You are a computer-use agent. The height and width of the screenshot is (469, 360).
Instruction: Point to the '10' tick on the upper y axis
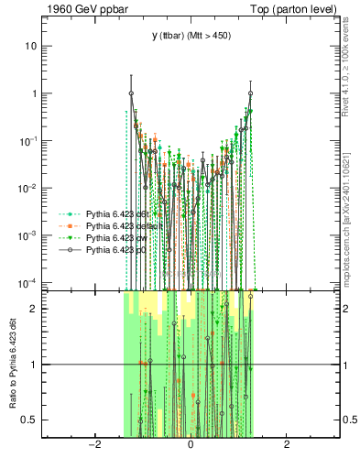click(32, 46)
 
